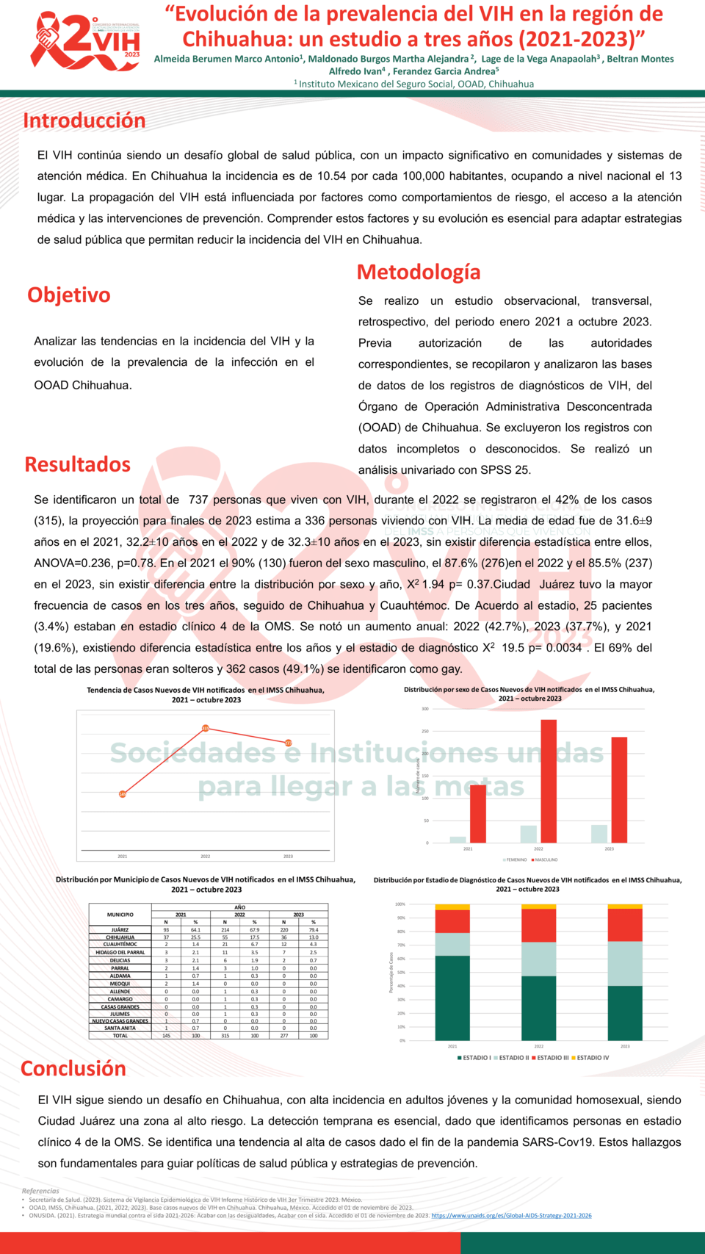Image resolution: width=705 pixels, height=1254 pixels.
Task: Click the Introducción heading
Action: pyautogui.click(x=84, y=120)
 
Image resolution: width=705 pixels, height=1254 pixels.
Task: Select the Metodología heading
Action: pyautogui.click(x=419, y=272)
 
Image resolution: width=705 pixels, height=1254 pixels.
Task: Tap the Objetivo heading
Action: pyautogui.click(x=69, y=295)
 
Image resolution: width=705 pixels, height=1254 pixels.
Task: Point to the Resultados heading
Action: pyautogui.click(x=77, y=464)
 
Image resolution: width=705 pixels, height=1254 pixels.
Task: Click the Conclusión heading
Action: pyautogui.click(x=73, y=1068)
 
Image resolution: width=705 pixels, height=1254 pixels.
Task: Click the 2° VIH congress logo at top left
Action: pyautogui.click(x=86, y=43)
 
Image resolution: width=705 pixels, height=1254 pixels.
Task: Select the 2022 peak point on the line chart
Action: pyautogui.click(x=206, y=728)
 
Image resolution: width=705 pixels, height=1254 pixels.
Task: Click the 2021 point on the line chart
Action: pyautogui.click(x=123, y=794)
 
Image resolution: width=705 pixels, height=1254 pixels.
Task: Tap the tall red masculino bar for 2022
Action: pyautogui.click(x=549, y=781)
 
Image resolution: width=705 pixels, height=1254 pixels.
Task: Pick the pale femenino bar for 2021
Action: pyautogui.click(x=458, y=840)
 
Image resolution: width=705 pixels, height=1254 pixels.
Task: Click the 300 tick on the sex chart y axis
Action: pyautogui.click(x=425, y=709)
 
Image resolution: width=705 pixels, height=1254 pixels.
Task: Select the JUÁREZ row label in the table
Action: pyautogui.click(x=120, y=929)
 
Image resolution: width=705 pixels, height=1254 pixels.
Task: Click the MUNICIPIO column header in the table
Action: pyautogui.click(x=120, y=915)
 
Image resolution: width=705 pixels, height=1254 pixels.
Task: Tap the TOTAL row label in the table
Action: pyautogui.click(x=120, y=1036)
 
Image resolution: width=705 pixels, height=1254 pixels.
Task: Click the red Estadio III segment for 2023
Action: pyautogui.click(x=625, y=925)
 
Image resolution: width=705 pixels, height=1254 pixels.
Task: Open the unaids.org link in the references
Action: pyautogui.click(x=511, y=1215)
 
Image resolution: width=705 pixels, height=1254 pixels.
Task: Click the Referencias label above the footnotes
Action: pyautogui.click(x=40, y=1191)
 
